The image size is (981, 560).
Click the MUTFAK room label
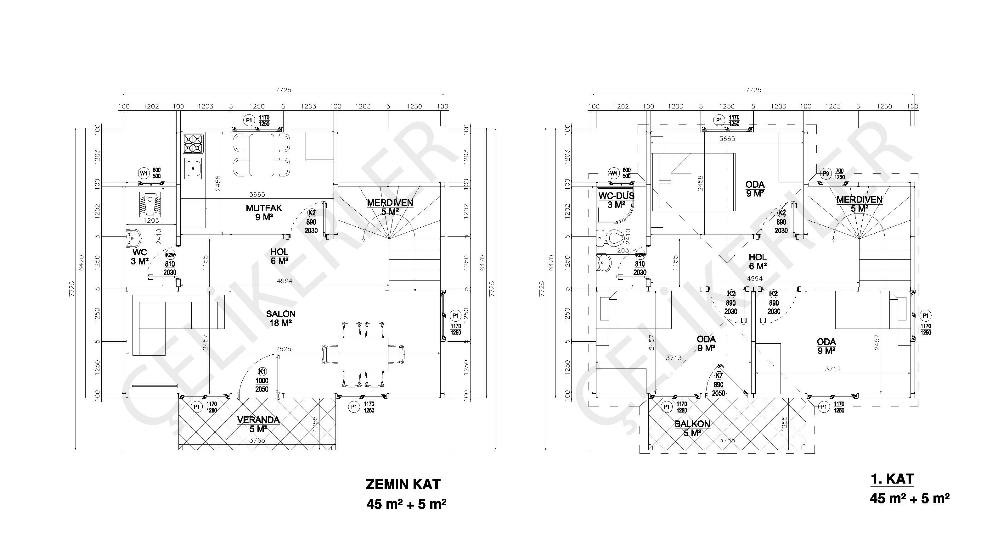[264, 208]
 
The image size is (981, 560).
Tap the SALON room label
[280, 314]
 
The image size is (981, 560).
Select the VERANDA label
[258, 420]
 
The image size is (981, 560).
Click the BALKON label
[692, 424]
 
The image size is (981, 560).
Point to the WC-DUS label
[616, 196]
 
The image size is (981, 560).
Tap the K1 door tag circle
[262, 372]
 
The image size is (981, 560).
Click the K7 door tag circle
[719, 376]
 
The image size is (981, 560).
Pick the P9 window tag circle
[826, 174]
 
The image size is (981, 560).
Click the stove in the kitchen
[193, 143]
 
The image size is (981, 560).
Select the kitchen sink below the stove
[193, 168]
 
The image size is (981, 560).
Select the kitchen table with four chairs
[262, 155]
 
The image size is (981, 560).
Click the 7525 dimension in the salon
[283, 349]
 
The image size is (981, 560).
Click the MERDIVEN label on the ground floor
[390, 203]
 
